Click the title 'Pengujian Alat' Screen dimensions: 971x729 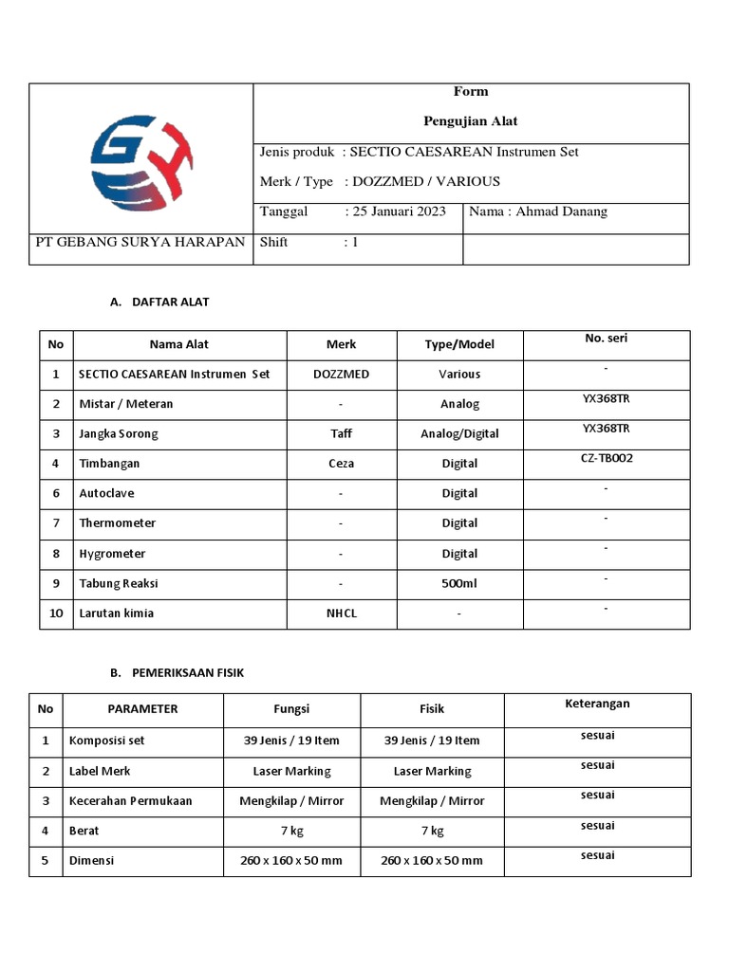[470, 121]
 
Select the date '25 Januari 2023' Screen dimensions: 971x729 [399, 211]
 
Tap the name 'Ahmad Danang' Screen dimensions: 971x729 [561, 211]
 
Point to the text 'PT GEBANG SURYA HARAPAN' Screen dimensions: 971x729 [140, 242]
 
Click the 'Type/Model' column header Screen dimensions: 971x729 [459, 344]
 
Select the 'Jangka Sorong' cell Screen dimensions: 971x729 [119, 433]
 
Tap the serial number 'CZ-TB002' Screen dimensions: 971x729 [607, 458]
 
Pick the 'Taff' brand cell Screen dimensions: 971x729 [341, 433]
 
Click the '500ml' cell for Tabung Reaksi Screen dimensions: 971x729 [459, 583]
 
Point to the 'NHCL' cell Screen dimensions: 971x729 [341, 613]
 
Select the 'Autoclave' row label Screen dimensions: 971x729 [105, 493]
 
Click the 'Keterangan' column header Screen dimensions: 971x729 [597, 704]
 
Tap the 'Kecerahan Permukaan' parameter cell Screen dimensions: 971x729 [130, 800]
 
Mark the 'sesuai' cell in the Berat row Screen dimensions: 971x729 [597, 826]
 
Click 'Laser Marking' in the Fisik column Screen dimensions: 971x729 [432, 771]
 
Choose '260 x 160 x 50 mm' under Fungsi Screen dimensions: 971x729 [291, 860]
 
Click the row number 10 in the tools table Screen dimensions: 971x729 [56, 613]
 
